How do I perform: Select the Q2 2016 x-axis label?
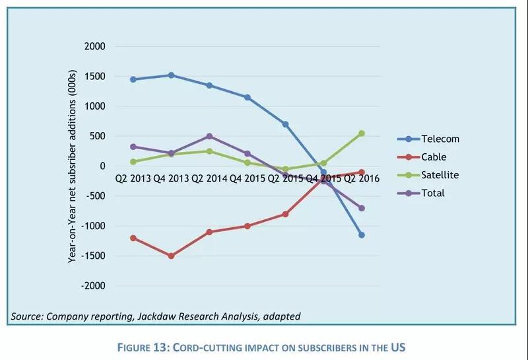coord(362,179)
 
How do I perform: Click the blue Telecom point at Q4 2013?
coord(171,75)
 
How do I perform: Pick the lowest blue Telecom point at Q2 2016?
coord(361,235)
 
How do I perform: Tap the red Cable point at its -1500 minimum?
coord(171,256)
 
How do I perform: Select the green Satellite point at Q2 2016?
coord(361,133)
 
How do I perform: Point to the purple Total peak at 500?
coord(209,136)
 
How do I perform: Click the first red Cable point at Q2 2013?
coord(133,238)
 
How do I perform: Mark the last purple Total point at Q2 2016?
coord(361,208)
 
